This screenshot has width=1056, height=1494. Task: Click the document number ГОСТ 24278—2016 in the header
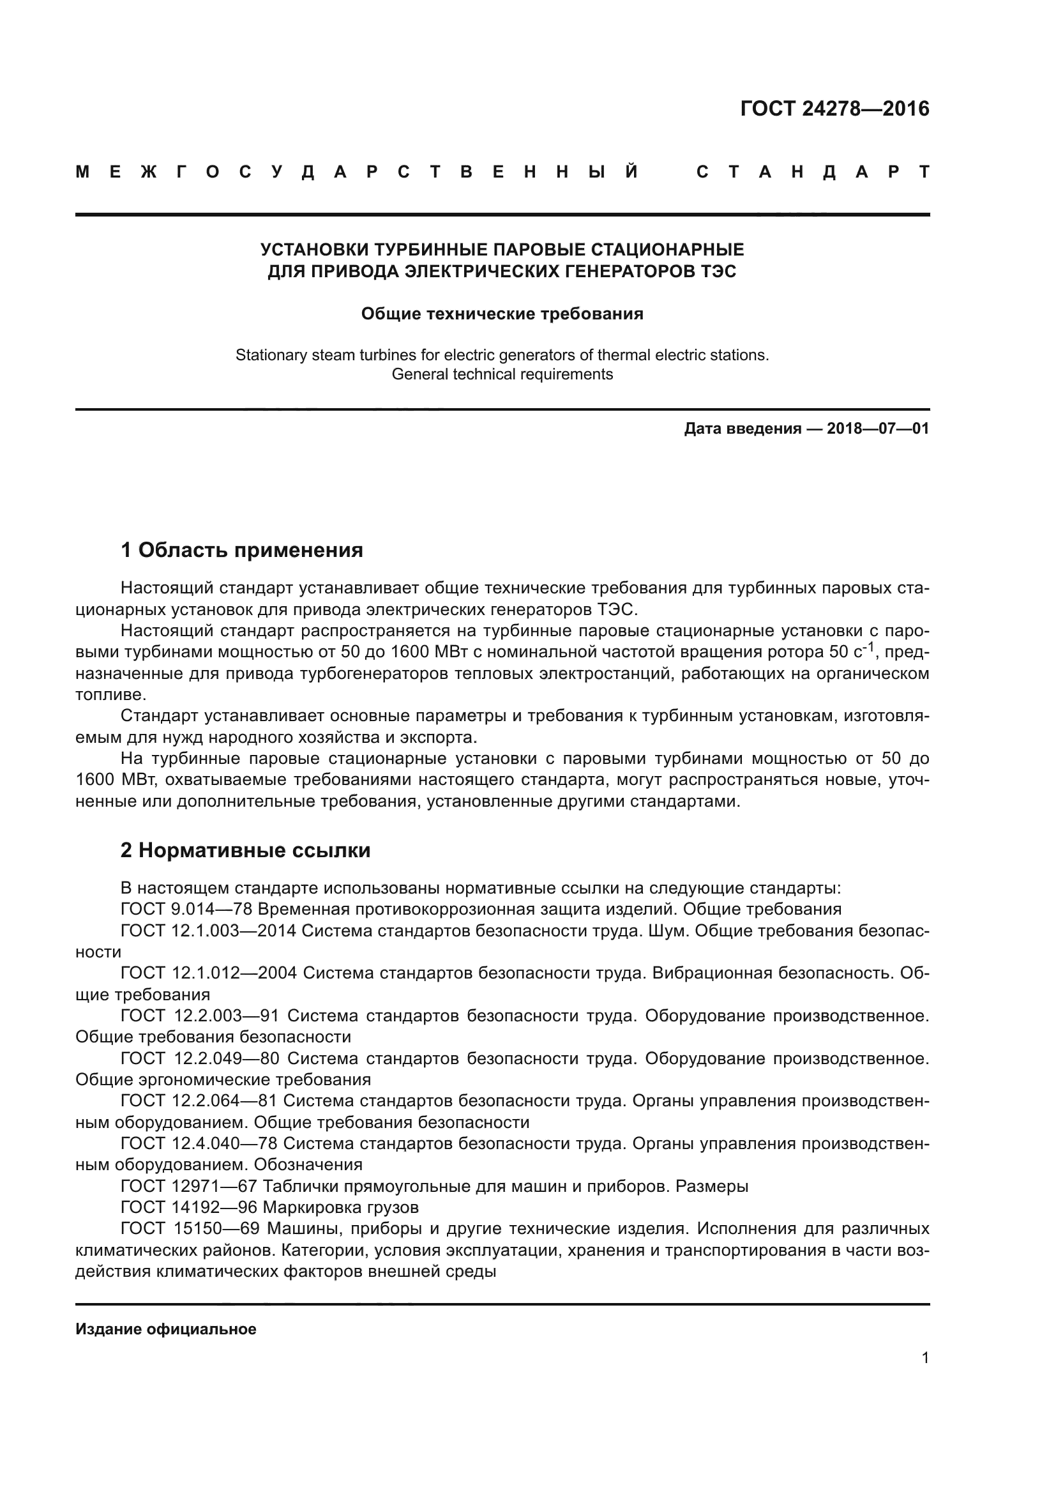(834, 109)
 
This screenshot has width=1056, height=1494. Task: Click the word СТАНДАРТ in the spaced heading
(812, 172)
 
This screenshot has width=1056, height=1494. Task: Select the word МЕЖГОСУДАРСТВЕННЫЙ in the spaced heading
(357, 172)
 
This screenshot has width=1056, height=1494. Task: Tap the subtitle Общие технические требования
(502, 314)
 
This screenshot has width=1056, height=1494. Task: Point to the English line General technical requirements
(502, 374)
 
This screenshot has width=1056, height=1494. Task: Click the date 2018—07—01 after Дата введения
(878, 429)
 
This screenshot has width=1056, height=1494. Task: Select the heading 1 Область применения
(242, 551)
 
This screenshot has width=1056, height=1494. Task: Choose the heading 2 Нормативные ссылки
(245, 850)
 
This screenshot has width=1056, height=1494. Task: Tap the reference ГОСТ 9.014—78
(186, 909)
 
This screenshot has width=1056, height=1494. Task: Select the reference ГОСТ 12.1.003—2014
(208, 931)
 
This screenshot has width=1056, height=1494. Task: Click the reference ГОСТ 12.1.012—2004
(208, 973)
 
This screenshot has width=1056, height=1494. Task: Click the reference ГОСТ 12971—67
(188, 1186)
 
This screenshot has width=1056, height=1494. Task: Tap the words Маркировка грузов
(341, 1208)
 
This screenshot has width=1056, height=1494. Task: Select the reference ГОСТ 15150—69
(190, 1229)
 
